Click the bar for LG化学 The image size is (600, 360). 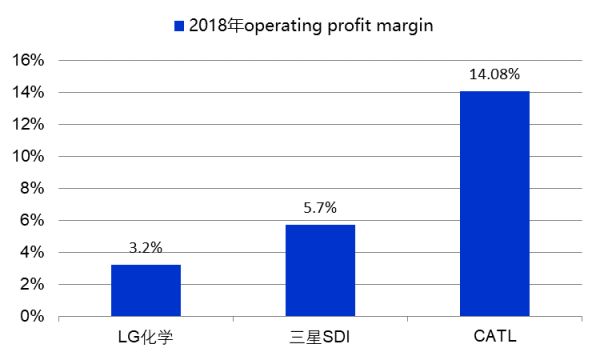(x=145, y=291)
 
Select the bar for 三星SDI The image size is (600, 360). (x=320, y=271)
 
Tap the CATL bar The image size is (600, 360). (x=494, y=204)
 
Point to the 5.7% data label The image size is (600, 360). (x=320, y=208)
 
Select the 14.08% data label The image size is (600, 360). (x=494, y=74)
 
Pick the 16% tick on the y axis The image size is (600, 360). (x=27, y=60)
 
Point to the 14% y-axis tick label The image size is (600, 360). (x=27, y=92)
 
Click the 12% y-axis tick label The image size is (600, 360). (x=27, y=124)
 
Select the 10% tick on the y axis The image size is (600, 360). (x=27, y=156)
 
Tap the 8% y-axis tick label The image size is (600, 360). (x=31, y=188)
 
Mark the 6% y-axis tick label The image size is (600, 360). (x=31, y=220)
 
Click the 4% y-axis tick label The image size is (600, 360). (x=31, y=253)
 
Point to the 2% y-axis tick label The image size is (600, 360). (x=31, y=285)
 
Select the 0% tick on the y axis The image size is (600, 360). (x=31, y=317)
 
